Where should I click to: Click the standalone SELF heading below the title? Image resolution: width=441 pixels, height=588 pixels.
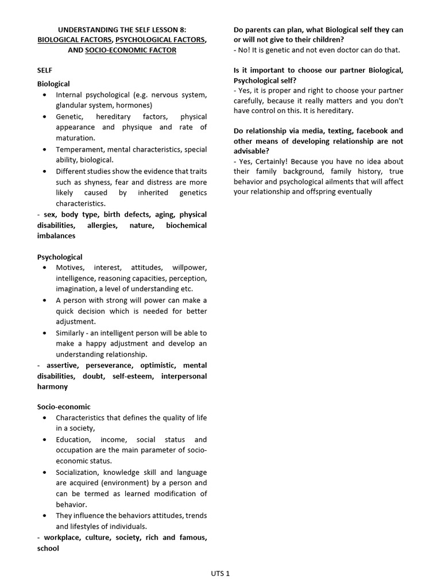(45, 70)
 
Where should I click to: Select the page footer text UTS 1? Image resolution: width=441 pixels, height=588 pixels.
(220, 573)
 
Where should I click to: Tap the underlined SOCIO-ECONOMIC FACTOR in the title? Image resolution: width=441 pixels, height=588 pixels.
(130, 50)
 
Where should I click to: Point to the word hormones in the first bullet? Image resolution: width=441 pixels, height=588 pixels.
(133, 105)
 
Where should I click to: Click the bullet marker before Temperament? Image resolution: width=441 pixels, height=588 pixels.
(45, 149)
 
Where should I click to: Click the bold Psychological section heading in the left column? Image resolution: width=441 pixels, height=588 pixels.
(60, 257)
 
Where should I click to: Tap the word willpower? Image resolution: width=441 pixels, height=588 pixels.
(189, 268)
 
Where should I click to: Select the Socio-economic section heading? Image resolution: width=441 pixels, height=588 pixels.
(64, 407)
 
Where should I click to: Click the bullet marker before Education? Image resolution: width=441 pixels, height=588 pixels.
(45, 439)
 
